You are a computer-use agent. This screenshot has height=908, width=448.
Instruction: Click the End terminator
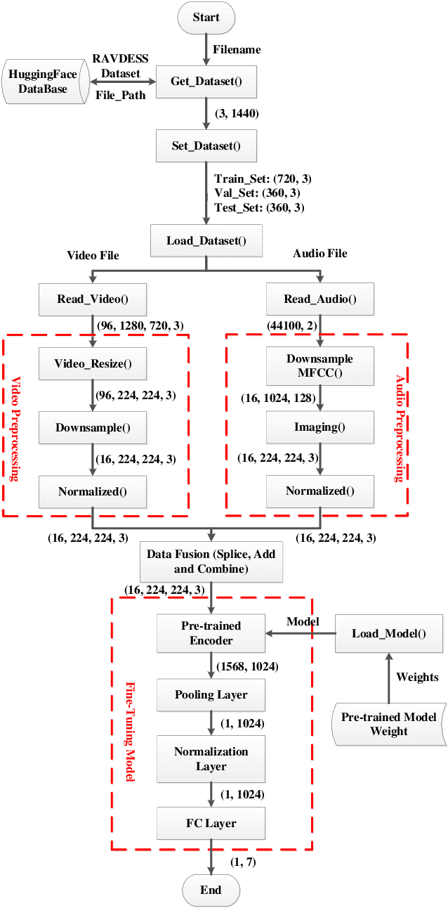[x=211, y=890]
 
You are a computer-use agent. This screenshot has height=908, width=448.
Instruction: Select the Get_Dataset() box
[x=206, y=82]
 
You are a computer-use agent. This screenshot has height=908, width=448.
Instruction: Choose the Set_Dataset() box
[x=206, y=147]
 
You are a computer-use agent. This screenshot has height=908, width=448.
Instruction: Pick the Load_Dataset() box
[x=206, y=242]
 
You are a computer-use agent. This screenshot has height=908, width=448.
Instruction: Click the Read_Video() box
[x=93, y=299]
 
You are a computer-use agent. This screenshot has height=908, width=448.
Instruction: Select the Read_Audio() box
[x=320, y=299]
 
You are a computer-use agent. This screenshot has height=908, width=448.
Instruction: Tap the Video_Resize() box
[x=93, y=363]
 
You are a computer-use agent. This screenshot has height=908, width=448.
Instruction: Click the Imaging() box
[x=320, y=427]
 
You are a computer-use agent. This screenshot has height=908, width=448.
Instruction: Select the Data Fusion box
[x=211, y=561]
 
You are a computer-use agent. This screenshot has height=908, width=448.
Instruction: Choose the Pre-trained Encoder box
[x=211, y=633]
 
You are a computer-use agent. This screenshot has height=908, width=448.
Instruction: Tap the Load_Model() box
[x=388, y=633]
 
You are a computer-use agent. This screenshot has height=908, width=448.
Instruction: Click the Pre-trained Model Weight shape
[x=388, y=724]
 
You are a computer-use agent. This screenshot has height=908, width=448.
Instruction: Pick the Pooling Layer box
[x=211, y=695]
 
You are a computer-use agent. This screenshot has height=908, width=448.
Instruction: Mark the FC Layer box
[x=211, y=823]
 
